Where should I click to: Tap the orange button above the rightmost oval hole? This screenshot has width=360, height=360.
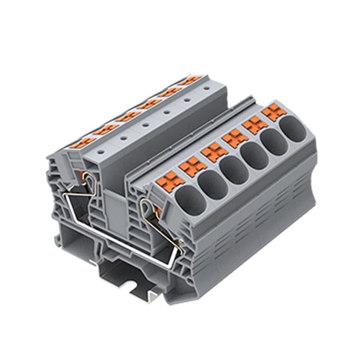point(273,112)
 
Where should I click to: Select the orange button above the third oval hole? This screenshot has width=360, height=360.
point(214,152)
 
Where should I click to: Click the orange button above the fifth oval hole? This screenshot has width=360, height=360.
point(255,125)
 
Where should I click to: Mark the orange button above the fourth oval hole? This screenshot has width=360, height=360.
point(234,139)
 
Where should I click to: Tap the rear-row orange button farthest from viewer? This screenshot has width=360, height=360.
point(190,80)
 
